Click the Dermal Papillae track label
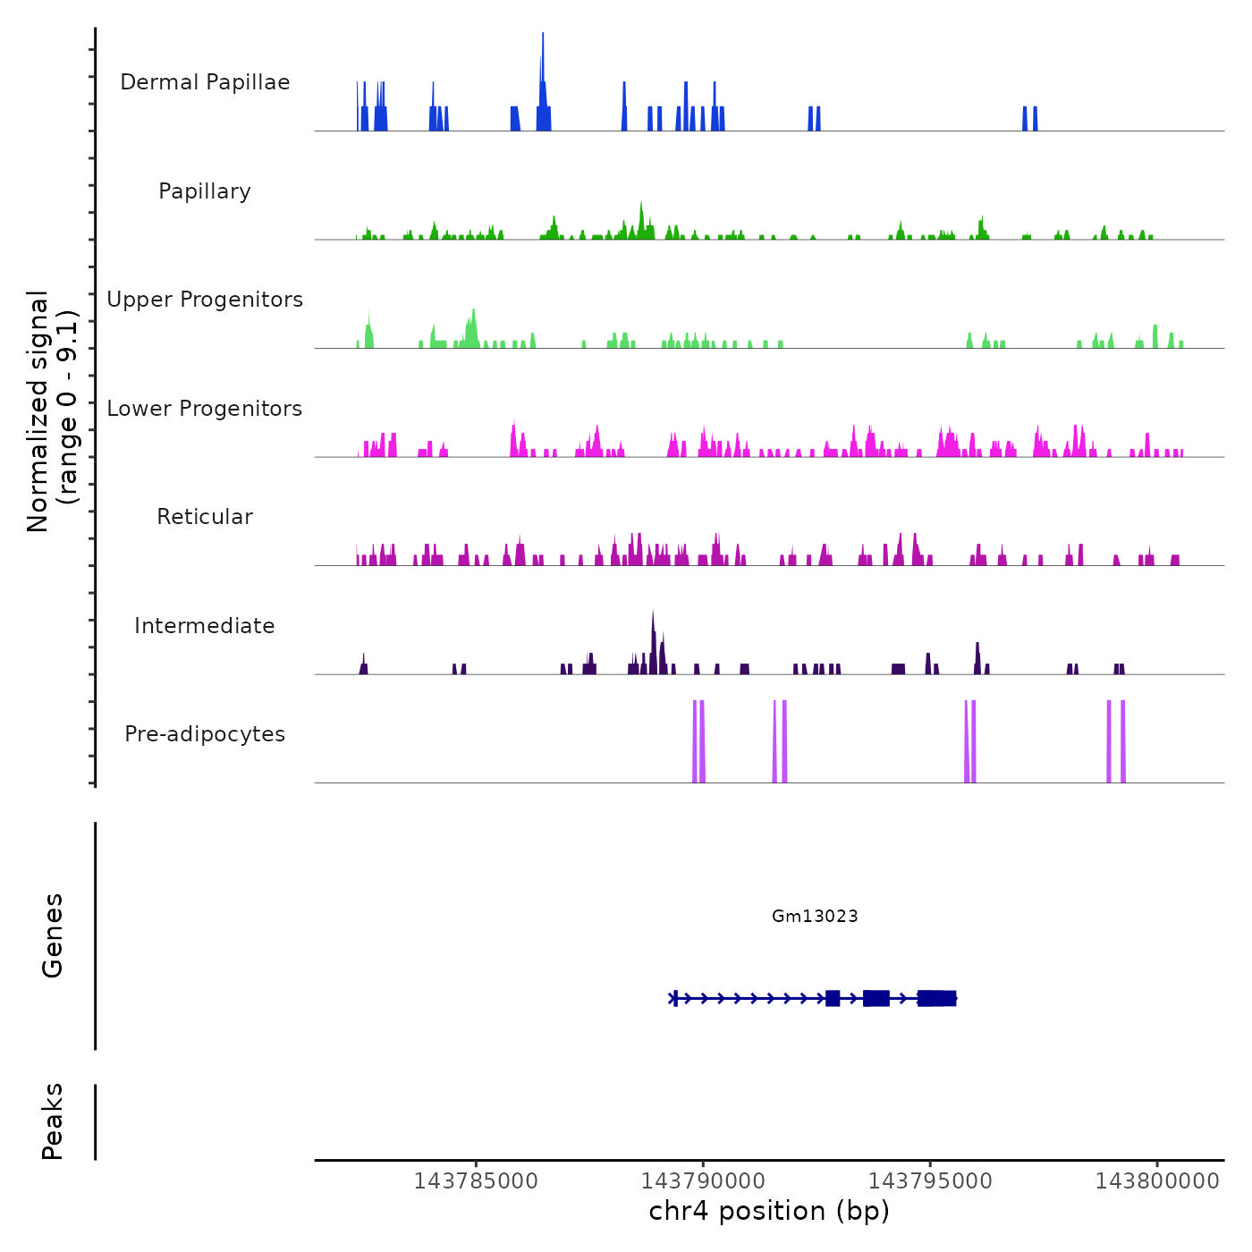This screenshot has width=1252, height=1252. pyautogui.click(x=205, y=82)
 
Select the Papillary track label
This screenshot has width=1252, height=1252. pyautogui.click(x=205, y=191)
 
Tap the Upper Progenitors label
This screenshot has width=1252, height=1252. pyautogui.click(x=205, y=300)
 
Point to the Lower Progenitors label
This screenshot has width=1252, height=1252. pyautogui.click(x=205, y=409)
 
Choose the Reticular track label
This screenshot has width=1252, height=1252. pyautogui.click(x=205, y=517)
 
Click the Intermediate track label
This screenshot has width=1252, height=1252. pyautogui.click(x=205, y=626)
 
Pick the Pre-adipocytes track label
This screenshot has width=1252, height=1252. pyautogui.click(x=205, y=734)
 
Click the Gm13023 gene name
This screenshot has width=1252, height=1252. pyautogui.click(x=815, y=916)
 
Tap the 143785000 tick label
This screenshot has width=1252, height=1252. pyautogui.click(x=476, y=1180)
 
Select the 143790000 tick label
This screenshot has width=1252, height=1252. pyautogui.click(x=703, y=1180)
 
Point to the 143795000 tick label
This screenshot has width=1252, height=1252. pyautogui.click(x=930, y=1180)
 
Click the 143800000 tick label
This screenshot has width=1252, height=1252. pyautogui.click(x=1157, y=1180)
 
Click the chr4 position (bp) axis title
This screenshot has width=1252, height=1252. pyautogui.click(x=769, y=1211)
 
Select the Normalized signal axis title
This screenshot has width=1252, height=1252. pyautogui.click(x=52, y=411)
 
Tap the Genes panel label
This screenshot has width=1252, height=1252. pyautogui.click(x=53, y=935)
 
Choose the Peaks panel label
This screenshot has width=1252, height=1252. pyautogui.click(x=53, y=1121)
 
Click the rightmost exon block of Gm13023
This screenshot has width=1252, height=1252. pyautogui.click(x=937, y=998)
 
